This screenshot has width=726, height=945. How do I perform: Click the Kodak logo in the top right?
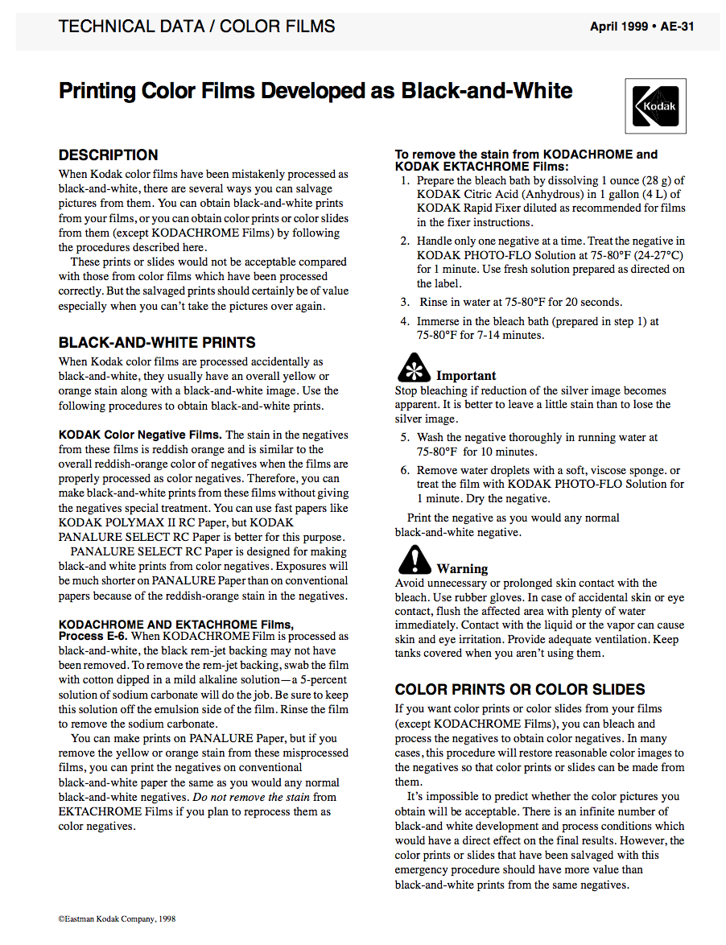point(656,105)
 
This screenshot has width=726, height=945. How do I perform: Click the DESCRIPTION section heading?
point(109,155)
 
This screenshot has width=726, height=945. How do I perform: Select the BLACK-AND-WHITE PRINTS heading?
point(157,342)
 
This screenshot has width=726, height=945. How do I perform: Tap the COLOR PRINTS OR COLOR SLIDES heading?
point(520,689)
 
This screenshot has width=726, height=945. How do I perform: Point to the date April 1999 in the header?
point(621,26)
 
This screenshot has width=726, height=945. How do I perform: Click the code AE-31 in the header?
point(678,26)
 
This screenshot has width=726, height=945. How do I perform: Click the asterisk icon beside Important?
point(413,369)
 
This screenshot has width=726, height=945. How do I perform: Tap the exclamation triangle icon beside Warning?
point(414,559)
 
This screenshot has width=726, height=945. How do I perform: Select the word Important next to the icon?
point(466,376)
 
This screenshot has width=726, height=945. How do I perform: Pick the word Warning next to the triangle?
point(462,569)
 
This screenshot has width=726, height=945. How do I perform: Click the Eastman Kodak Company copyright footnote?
point(117,918)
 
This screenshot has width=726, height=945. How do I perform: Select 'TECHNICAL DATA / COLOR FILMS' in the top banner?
point(197,26)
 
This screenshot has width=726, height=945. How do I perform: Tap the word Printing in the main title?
point(97,90)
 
